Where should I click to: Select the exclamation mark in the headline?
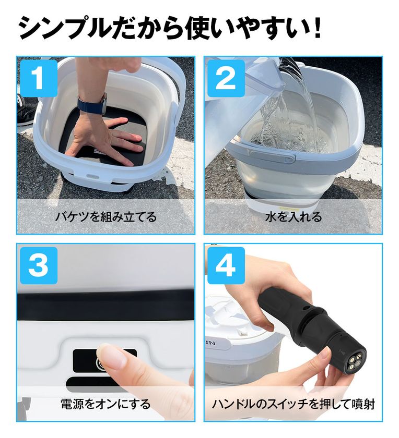pos(317,27)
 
